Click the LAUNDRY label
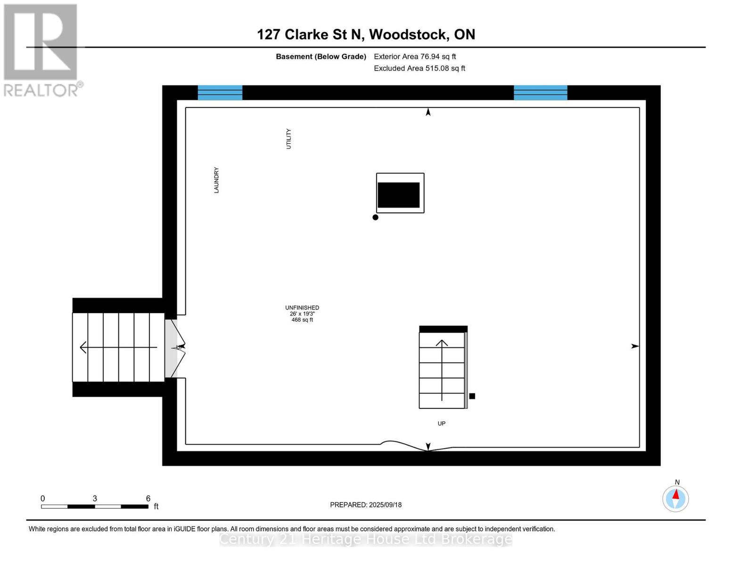tap(216, 180)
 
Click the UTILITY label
tap(288, 139)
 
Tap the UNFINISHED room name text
tap(302, 308)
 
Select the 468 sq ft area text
tap(302, 320)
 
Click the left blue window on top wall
tap(220, 92)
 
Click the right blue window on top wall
tap(540, 92)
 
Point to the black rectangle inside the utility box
tap(398, 195)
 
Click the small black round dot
tap(375, 217)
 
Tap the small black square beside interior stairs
tap(472, 396)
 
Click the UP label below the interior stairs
tap(441, 424)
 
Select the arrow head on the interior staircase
tap(442, 343)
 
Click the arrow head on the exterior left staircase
tap(83, 347)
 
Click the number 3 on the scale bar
tap(95, 499)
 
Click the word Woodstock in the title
tap(408, 34)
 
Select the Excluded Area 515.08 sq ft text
tap(419, 68)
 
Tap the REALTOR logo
tap(41, 50)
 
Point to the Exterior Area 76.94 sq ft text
tap(414, 57)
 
